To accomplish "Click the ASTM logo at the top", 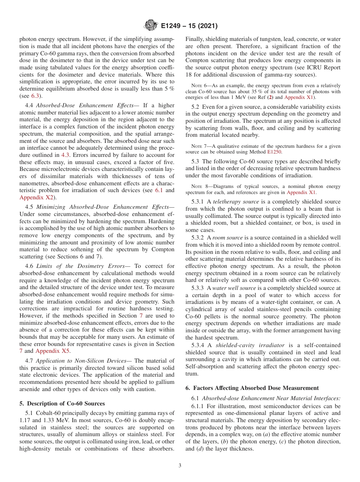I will (150, 26).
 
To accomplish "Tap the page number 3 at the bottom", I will (180, 466).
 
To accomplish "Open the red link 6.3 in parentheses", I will (35, 96).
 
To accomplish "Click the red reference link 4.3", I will (66, 155).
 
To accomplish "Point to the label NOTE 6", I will (199, 86).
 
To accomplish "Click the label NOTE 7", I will (199, 146).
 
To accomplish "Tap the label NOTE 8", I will (199, 186).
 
